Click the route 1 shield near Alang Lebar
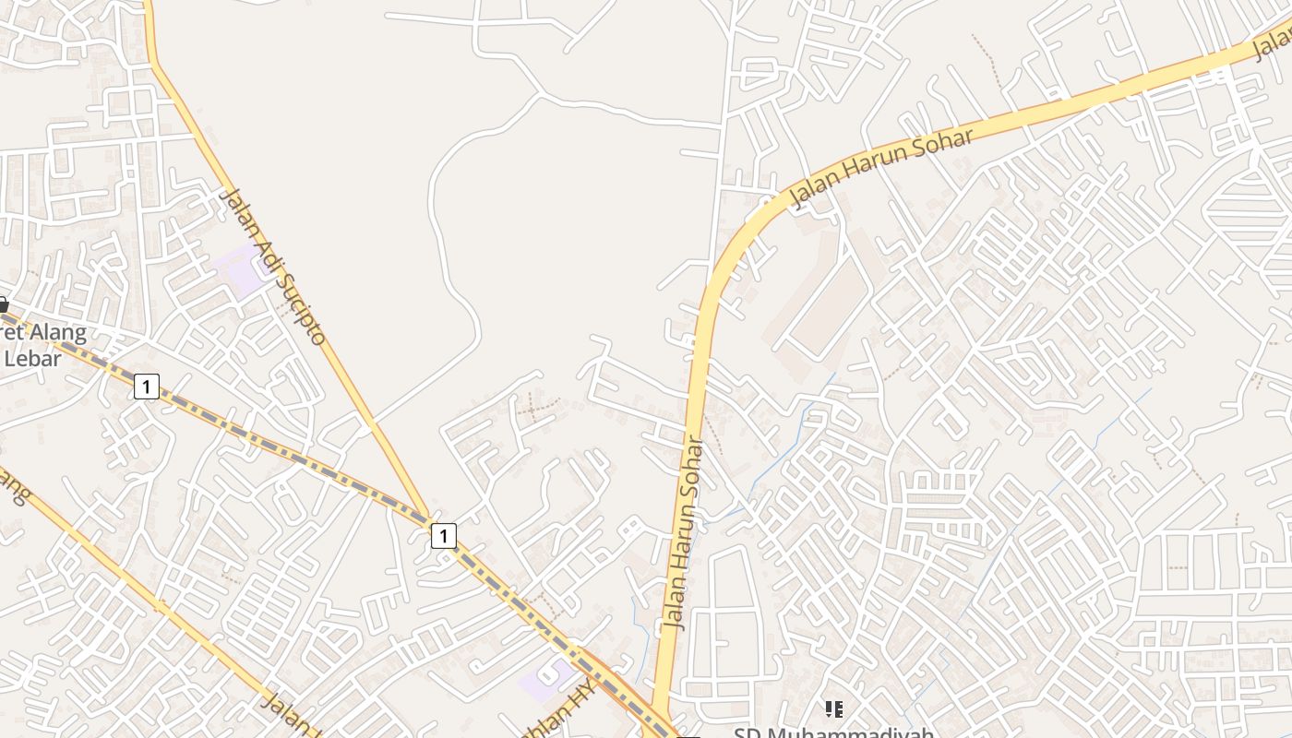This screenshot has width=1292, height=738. pyautogui.click(x=146, y=386)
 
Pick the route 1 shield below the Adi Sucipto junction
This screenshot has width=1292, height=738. pyautogui.click(x=444, y=535)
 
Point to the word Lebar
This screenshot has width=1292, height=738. pyautogui.click(x=33, y=358)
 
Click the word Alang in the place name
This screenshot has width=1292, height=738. pyautogui.click(x=55, y=333)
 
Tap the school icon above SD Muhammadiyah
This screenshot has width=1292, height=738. pyautogui.click(x=834, y=708)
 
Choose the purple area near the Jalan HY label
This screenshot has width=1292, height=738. pyautogui.click(x=544, y=680)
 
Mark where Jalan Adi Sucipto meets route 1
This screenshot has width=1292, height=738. pyautogui.click(x=428, y=517)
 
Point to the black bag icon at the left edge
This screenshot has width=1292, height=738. pyautogui.click(x=3, y=304)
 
